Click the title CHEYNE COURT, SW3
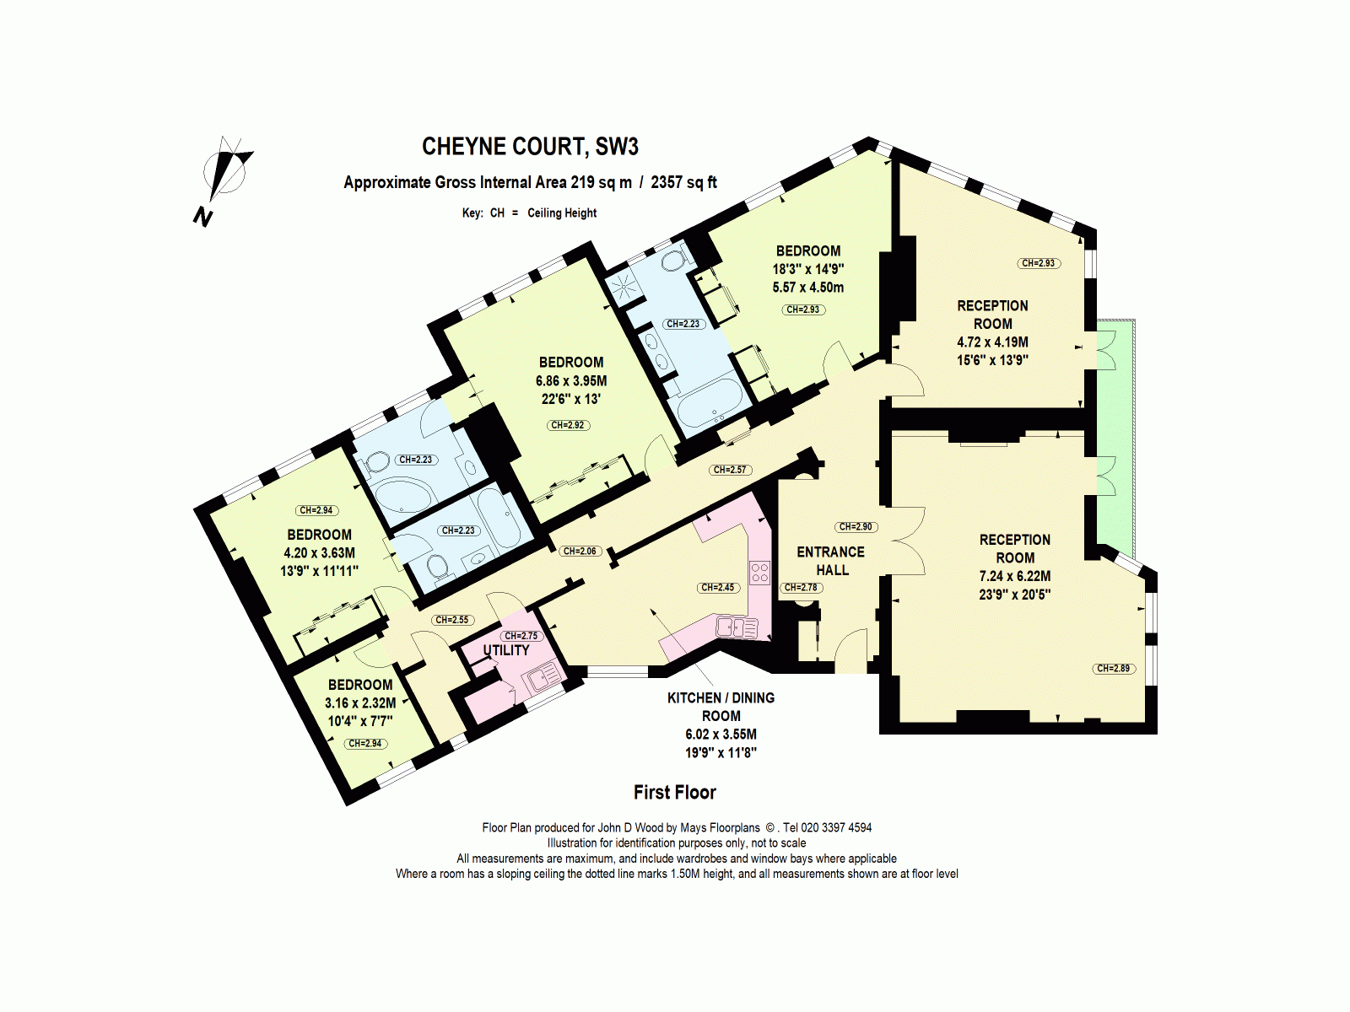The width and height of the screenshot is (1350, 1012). (x=530, y=147)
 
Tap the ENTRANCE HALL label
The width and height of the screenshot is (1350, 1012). (x=831, y=561)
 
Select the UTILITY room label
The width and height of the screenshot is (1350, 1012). (x=506, y=650)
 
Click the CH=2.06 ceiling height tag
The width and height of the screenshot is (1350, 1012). (x=580, y=551)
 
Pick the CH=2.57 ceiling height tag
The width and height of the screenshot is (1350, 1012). (x=730, y=470)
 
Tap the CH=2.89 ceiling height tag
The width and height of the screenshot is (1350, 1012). (x=1113, y=669)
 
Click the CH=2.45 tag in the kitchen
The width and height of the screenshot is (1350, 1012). (x=718, y=588)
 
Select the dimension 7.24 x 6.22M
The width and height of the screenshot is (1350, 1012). (x=1015, y=576)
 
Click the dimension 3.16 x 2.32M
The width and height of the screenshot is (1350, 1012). (x=360, y=702)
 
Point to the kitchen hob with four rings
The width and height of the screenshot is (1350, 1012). (x=759, y=573)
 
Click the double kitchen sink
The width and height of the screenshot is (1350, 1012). (x=737, y=627)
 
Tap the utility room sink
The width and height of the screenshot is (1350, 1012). (x=542, y=676)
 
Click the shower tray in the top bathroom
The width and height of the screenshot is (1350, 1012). (x=624, y=284)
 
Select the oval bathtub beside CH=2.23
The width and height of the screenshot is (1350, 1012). (x=401, y=497)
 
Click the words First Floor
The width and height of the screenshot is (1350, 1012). (x=674, y=793)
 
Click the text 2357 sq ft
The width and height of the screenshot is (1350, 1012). (x=683, y=182)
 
